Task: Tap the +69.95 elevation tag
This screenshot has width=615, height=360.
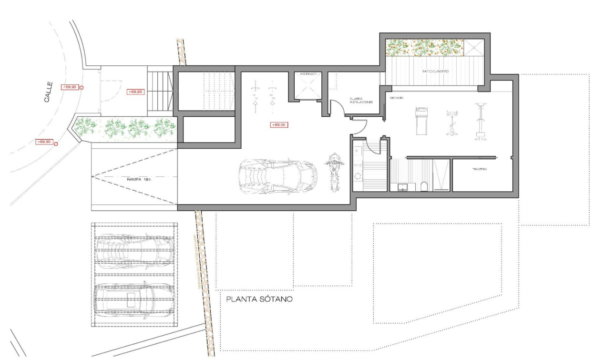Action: click(x=136, y=92)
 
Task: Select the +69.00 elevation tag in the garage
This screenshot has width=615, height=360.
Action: click(x=278, y=125)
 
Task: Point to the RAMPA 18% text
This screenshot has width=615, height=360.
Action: click(x=139, y=179)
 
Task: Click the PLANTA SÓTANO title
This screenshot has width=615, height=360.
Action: click(x=259, y=300)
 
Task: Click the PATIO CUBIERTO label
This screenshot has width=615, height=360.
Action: click(x=435, y=71)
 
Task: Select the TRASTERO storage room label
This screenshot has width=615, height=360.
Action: click(x=479, y=170)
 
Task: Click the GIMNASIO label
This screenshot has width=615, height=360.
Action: click(x=397, y=98)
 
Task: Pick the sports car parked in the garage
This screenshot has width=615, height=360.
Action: click(x=277, y=176)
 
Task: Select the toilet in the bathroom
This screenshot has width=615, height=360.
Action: click(x=424, y=186)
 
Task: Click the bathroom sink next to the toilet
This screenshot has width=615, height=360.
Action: click(x=403, y=186)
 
